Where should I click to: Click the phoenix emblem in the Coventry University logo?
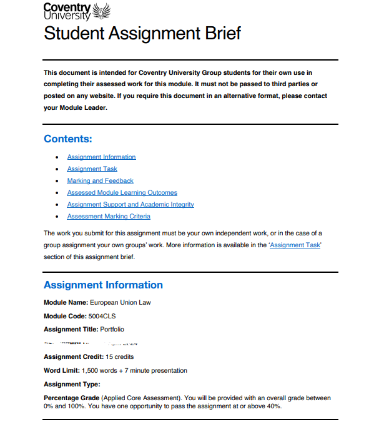tap(101, 11)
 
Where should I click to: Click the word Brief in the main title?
tap(216, 33)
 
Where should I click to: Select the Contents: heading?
tap(68, 139)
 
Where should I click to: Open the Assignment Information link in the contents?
tap(101, 157)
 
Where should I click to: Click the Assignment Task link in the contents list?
tap(92, 169)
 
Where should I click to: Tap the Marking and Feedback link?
tap(100, 180)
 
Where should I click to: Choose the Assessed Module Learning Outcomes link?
tap(122, 192)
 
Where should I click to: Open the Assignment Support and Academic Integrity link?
tap(130, 204)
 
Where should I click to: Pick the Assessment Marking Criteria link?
tap(109, 216)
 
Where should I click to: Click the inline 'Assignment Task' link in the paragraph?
tap(295, 245)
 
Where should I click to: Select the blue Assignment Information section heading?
tap(103, 285)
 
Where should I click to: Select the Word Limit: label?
tap(61, 370)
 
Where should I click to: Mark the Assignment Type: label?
tap(71, 385)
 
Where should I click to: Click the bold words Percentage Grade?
tap(71, 398)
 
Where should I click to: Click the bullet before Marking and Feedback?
tap(57, 181)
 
